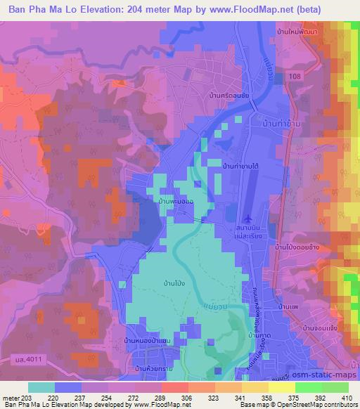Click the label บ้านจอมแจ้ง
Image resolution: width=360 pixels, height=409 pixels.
321,327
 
